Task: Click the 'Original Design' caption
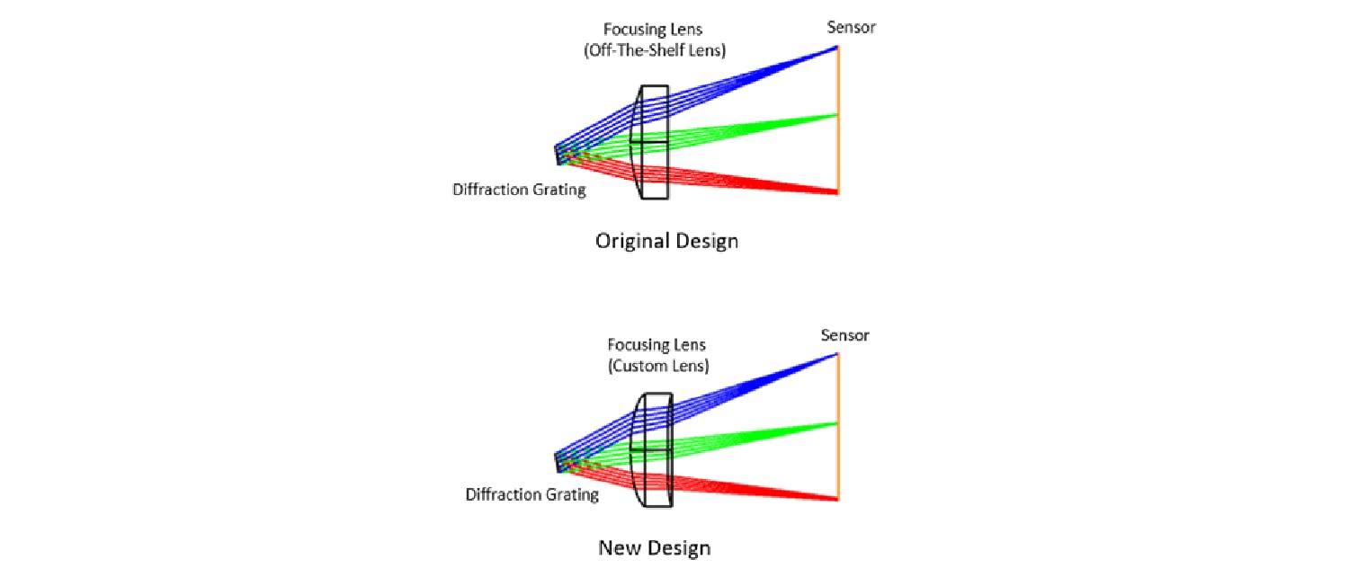click(x=666, y=241)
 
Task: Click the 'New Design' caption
click(x=654, y=547)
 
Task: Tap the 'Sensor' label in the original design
click(x=851, y=27)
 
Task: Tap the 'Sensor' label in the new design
click(x=844, y=335)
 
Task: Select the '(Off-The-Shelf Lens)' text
click(x=654, y=51)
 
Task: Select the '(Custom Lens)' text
click(x=656, y=366)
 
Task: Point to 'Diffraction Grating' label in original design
click(x=519, y=190)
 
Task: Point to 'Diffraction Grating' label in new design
click(x=532, y=494)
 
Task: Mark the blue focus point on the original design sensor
click(x=837, y=48)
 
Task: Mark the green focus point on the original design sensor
click(x=837, y=114)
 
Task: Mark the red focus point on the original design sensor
click(x=837, y=191)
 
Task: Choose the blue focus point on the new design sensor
click(x=837, y=354)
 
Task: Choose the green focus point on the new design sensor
click(x=837, y=422)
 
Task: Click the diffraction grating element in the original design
click(x=557, y=155)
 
